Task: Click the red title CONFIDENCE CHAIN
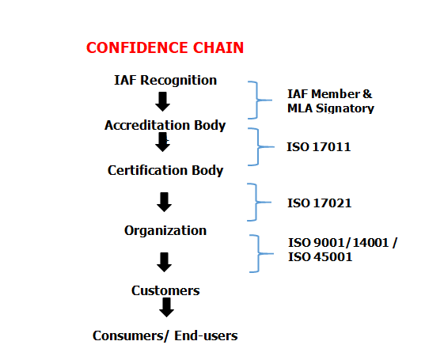pos(165,47)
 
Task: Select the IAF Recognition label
pos(165,80)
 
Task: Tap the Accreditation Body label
pos(165,125)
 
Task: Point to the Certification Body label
pos(165,170)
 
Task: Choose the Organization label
pos(165,230)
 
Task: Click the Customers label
pos(165,290)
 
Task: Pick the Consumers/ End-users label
pos(165,335)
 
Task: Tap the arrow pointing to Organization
pos(165,203)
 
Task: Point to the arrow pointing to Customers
pos(165,262)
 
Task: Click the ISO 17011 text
pos(318,146)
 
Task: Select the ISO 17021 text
pos(318,203)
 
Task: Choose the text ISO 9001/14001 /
pos(342,242)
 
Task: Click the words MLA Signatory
pos(330,108)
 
